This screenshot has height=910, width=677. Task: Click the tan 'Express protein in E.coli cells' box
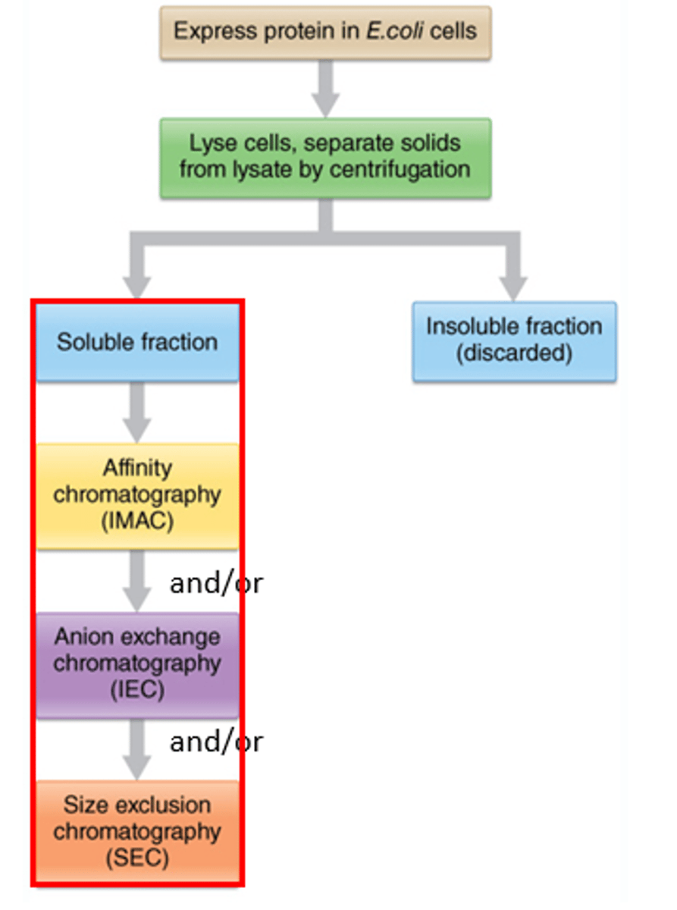point(325,32)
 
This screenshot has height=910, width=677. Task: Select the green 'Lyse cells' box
point(325,157)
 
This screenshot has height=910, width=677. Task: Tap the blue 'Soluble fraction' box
point(137,342)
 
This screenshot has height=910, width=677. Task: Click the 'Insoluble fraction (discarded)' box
point(514,340)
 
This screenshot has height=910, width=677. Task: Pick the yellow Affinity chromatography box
point(137,495)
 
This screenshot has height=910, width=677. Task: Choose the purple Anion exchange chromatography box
point(137,664)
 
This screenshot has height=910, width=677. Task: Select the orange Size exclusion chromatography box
point(137,831)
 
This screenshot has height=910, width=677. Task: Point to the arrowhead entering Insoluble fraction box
point(514,287)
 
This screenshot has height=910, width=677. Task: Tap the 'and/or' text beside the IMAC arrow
point(216,584)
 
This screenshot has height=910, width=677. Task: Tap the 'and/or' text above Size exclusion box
point(216,742)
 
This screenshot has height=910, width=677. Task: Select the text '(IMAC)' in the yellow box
point(137,522)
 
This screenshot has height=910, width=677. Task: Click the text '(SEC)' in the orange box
point(137,858)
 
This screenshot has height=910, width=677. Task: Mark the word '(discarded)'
point(514,354)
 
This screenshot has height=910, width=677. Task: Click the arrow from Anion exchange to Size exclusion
point(137,748)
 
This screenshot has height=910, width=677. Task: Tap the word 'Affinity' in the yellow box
point(137,468)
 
